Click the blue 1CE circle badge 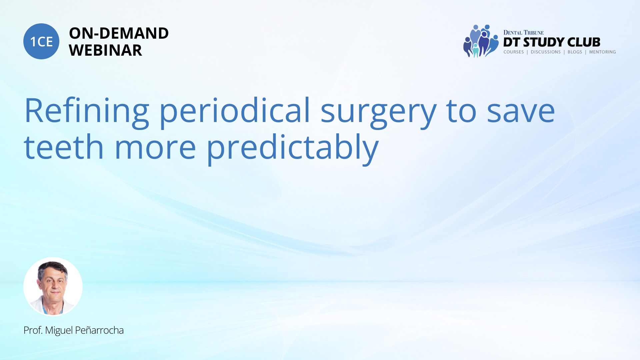tap(41, 41)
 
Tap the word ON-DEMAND tap(119, 33)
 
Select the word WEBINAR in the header tap(105, 50)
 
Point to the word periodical tap(235, 111)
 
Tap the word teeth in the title tap(64, 147)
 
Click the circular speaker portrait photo tap(53, 287)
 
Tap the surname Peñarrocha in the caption tap(99, 330)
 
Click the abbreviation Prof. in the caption tap(33, 330)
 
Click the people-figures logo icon tap(481, 41)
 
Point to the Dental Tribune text tap(523, 33)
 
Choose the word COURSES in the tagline tap(514, 52)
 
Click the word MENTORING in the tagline tap(602, 52)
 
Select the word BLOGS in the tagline tap(575, 52)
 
